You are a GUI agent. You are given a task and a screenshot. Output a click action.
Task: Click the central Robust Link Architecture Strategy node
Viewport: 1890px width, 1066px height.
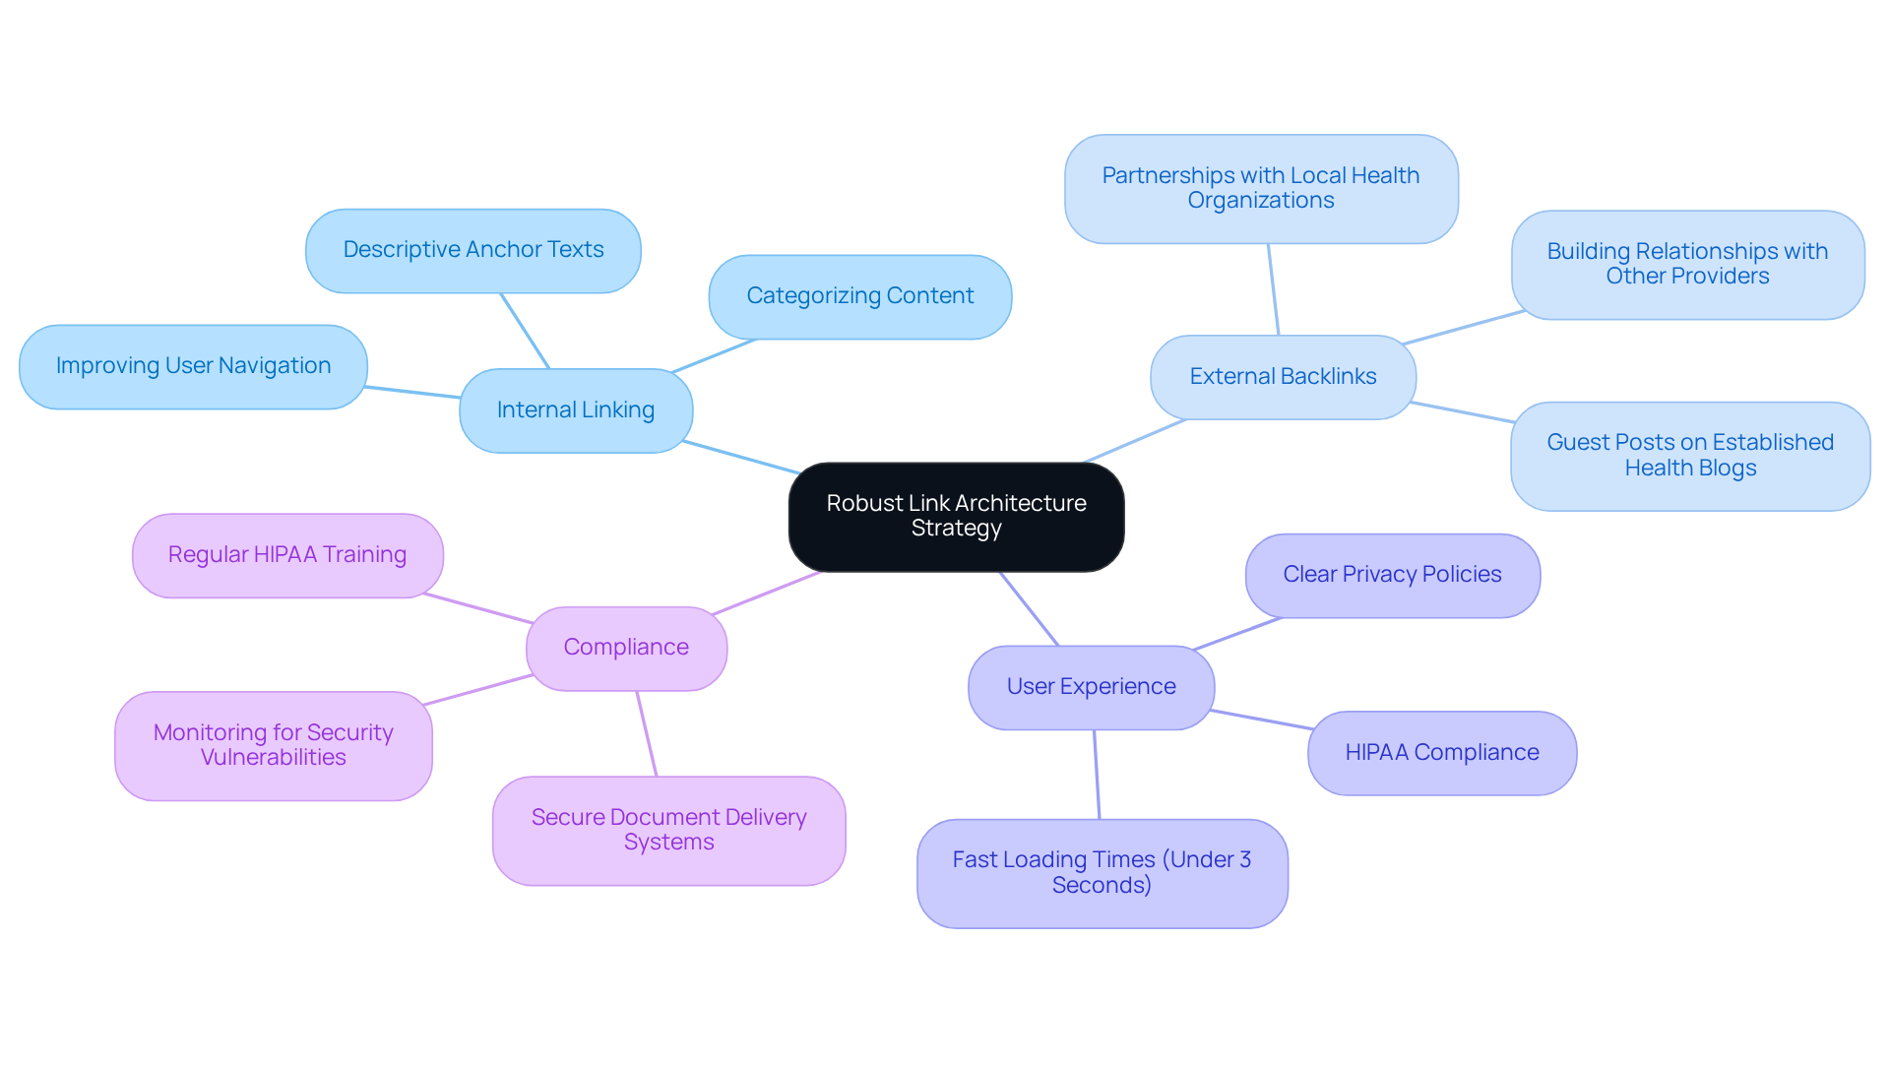click(956, 516)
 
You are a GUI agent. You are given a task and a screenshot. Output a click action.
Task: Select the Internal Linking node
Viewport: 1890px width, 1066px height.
click(576, 410)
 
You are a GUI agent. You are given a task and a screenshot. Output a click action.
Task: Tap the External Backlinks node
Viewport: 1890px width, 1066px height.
click(1283, 377)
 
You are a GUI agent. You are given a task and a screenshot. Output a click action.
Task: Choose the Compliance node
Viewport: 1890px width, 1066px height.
click(626, 648)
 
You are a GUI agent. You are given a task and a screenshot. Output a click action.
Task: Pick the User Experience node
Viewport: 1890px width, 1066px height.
click(1091, 687)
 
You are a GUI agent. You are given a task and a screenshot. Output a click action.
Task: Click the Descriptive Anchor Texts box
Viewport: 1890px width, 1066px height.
click(472, 250)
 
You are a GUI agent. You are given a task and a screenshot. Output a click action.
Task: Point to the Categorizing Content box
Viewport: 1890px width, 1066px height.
click(859, 296)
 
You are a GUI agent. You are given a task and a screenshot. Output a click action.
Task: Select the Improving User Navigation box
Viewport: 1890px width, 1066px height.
click(193, 366)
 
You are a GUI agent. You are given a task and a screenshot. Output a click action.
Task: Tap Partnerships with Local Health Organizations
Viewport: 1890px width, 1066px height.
click(1260, 188)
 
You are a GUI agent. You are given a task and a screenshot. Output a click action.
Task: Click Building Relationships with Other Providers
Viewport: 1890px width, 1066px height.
click(1687, 264)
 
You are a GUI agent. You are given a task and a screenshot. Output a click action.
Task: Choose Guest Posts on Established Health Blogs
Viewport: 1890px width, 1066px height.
click(1689, 456)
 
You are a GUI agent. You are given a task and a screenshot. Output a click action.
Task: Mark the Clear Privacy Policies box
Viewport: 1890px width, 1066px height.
click(1392, 575)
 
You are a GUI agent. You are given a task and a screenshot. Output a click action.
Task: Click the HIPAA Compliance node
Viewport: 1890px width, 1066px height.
click(1441, 753)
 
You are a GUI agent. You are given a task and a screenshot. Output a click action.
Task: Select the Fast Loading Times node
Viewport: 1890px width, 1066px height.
click(1102, 873)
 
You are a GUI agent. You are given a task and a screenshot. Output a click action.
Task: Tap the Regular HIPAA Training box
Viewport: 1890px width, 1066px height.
click(287, 555)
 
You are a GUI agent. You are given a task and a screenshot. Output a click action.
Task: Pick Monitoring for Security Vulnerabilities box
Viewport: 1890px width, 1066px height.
click(273, 745)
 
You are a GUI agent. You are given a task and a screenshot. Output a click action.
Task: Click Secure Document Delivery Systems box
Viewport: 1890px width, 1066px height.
click(668, 830)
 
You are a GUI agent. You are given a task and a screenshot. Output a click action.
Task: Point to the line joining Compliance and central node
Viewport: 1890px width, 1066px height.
click(766, 594)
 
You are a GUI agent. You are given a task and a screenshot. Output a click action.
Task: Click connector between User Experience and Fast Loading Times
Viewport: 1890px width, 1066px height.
click(1097, 775)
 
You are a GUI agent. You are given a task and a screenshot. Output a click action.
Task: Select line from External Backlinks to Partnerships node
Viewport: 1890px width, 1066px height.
click(1273, 289)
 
